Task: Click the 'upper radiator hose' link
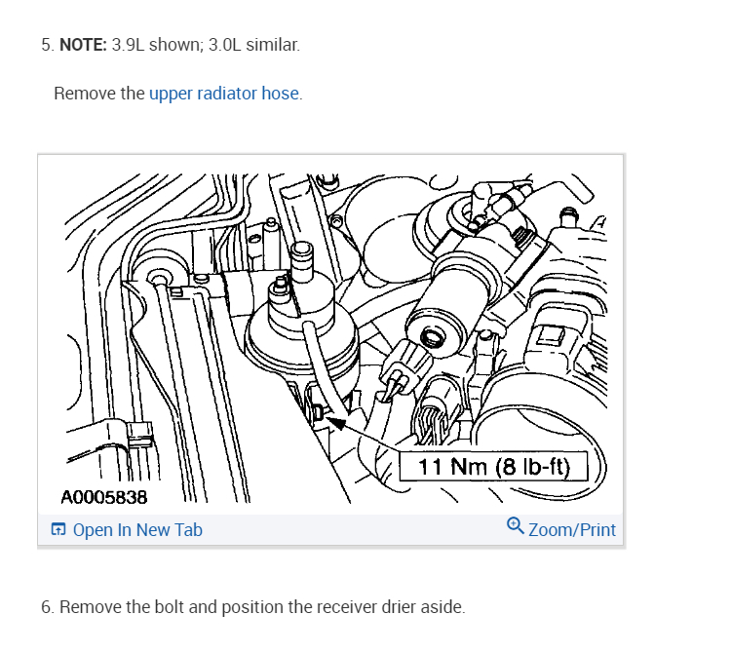point(224,95)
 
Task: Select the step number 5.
point(46,46)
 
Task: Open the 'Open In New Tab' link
point(137,530)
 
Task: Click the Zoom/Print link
point(572,530)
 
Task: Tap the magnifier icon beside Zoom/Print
point(516,526)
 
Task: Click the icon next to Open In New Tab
point(58,530)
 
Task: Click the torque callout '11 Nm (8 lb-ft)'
point(493,467)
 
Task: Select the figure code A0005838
point(103,498)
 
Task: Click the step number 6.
point(46,607)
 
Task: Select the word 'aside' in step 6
point(443,607)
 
